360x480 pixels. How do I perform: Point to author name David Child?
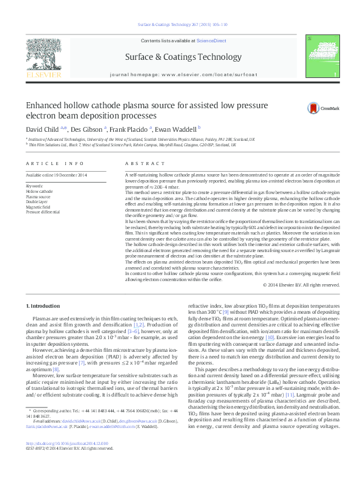[41, 129]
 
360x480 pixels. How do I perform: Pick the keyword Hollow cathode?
[39, 191]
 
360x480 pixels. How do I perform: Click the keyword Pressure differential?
[43, 213]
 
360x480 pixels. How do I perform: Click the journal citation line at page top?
[180, 25]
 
